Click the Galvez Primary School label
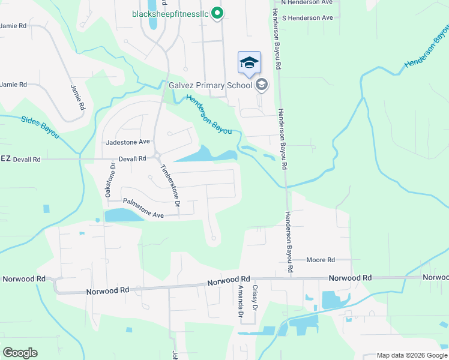[x=210, y=85]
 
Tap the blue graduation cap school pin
[x=250, y=62]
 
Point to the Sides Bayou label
[x=40, y=127]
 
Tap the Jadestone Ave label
[x=127, y=143]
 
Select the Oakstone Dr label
[x=110, y=180]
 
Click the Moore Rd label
[x=320, y=260]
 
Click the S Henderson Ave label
[x=307, y=18]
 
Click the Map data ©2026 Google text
[x=411, y=356]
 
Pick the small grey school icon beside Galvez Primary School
[x=261, y=85]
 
